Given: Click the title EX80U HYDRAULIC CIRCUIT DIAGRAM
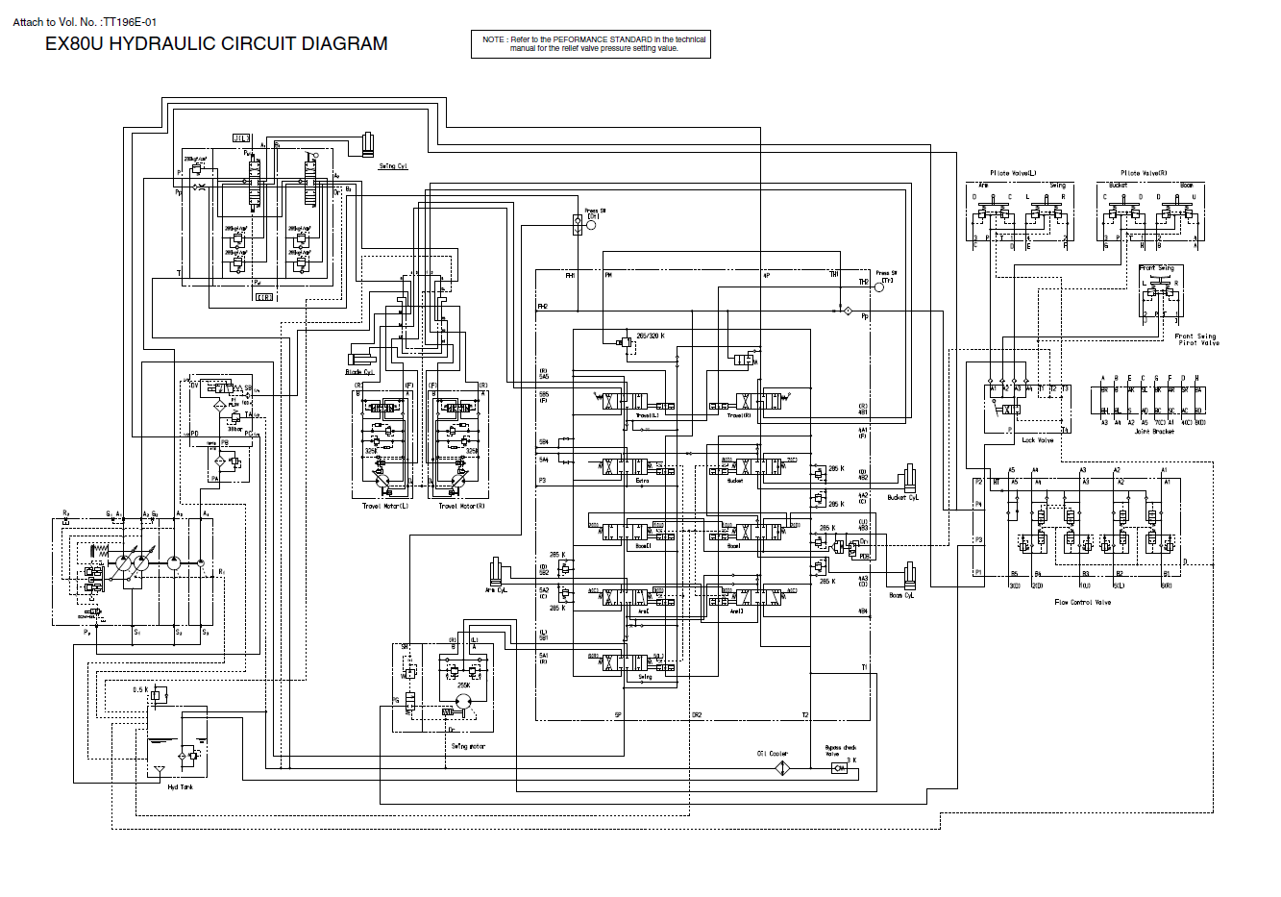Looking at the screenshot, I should tap(216, 44).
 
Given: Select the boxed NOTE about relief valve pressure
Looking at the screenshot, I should tap(594, 44).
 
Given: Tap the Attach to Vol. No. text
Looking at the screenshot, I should tap(85, 21).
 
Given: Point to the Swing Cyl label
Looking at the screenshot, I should tap(393, 166).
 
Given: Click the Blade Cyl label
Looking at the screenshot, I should tap(359, 372).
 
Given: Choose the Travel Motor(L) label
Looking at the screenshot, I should tap(384, 506).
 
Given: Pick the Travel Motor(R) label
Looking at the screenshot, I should tap(462, 506).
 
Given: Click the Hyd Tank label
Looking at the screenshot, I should tap(180, 787).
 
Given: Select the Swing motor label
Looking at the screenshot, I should tap(468, 746).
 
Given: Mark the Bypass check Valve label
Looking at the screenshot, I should tap(840, 750).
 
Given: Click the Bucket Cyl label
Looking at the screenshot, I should tap(902, 498).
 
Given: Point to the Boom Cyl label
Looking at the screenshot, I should tap(902, 595).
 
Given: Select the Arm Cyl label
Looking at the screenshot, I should tap(495, 590).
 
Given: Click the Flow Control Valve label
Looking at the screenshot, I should tap(1082, 603).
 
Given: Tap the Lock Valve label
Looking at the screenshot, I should tap(1038, 440).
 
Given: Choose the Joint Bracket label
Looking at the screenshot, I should tap(1153, 432).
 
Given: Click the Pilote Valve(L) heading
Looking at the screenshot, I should tap(1013, 173).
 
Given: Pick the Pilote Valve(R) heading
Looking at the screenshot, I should tap(1144, 173).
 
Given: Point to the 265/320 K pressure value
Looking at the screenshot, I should tap(650, 336).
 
